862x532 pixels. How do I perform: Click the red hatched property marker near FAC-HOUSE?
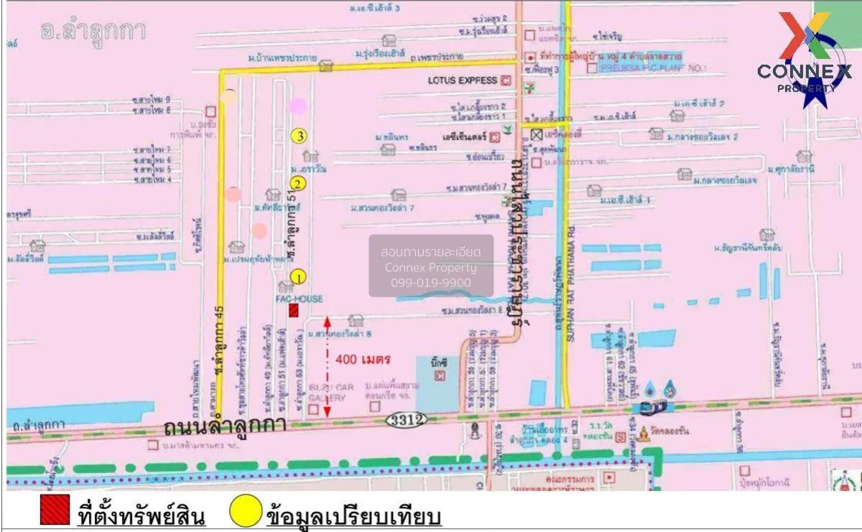click(x=294, y=310)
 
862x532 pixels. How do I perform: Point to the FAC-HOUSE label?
click(x=300, y=299)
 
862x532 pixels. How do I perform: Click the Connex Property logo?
click(x=805, y=61)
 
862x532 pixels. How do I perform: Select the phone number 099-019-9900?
click(x=431, y=283)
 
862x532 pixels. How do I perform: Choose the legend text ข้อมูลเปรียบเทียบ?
click(x=353, y=515)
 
